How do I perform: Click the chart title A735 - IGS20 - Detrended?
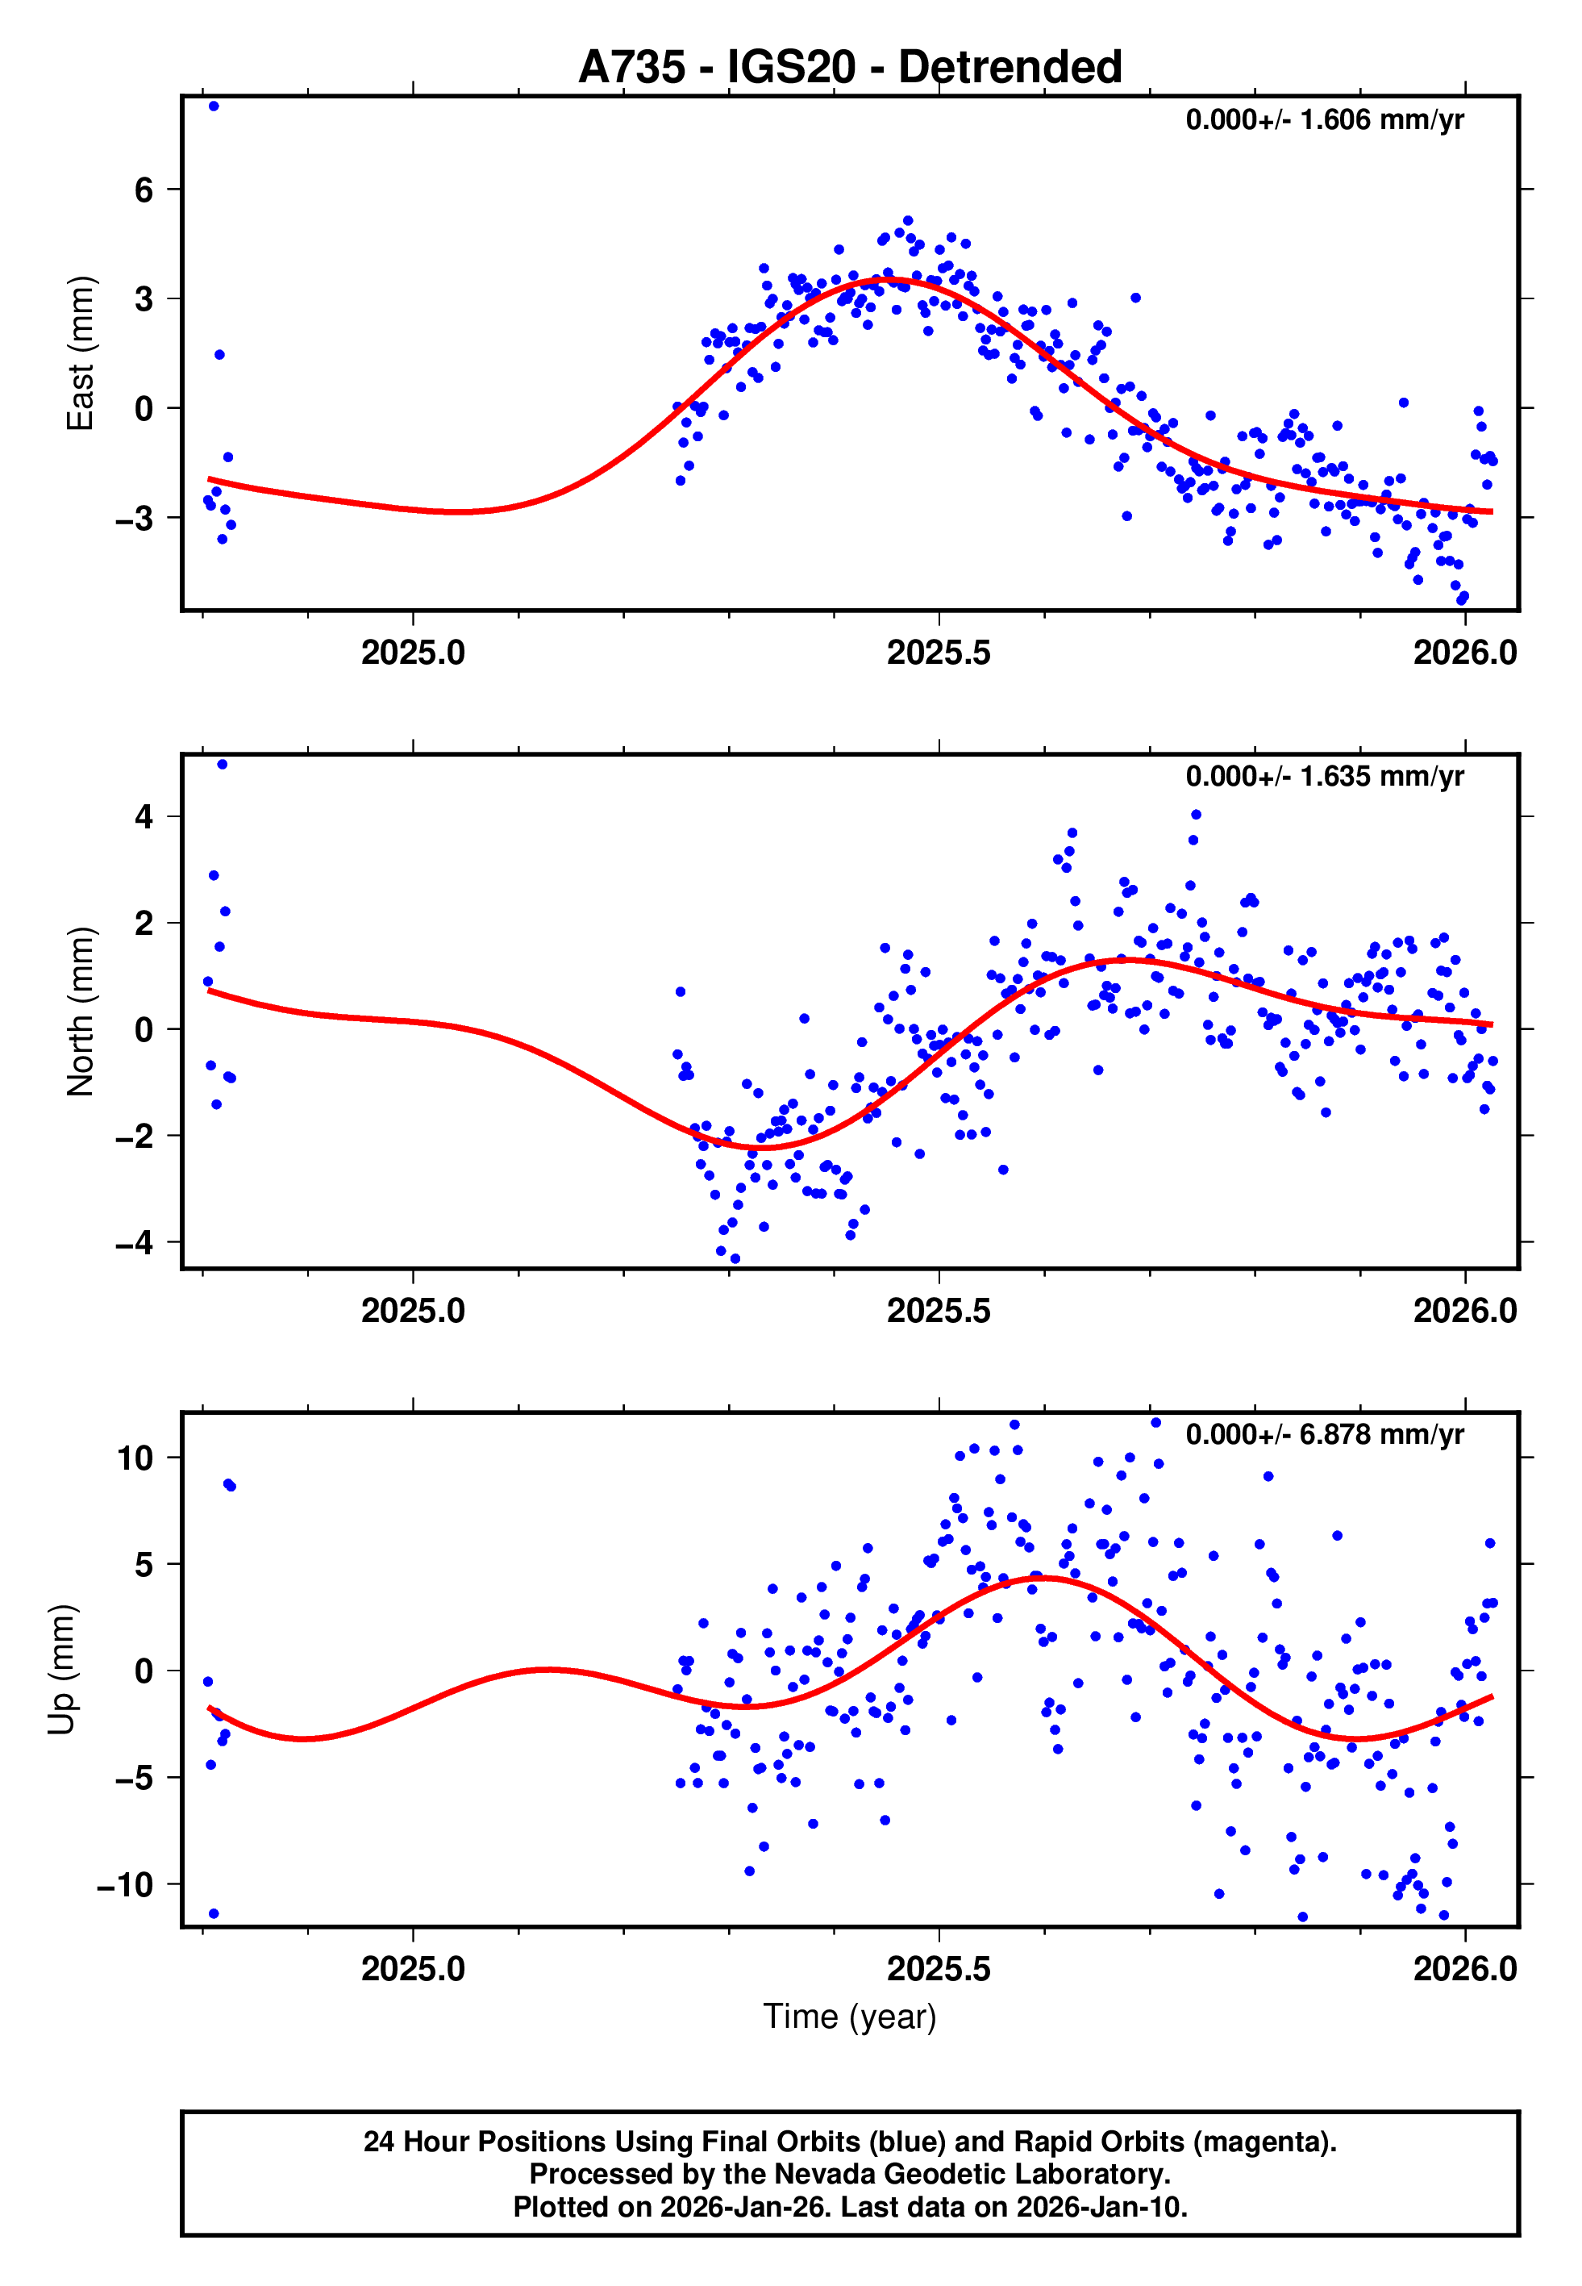click(850, 68)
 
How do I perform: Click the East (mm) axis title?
click(79, 353)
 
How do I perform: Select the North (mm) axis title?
click(79, 1012)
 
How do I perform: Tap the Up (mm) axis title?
click(61, 1670)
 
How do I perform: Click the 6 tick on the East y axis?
click(144, 190)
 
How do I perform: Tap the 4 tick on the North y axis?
click(144, 817)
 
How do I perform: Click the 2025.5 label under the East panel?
click(938, 653)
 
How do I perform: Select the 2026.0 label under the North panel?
click(1464, 1311)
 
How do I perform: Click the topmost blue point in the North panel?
click(222, 765)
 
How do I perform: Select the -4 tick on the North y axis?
click(135, 1243)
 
